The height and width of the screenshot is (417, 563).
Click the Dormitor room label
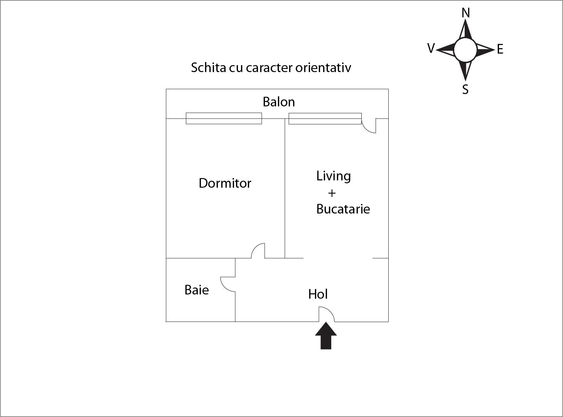click(x=225, y=183)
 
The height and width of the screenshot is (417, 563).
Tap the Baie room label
click(x=197, y=290)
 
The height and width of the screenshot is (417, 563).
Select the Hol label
click(x=318, y=294)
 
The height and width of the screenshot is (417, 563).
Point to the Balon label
click(x=278, y=102)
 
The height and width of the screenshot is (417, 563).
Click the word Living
click(x=334, y=176)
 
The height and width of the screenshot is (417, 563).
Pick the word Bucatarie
click(x=343, y=209)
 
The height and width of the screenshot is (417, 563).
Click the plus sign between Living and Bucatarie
click(x=332, y=193)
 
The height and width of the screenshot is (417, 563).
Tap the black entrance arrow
click(x=326, y=336)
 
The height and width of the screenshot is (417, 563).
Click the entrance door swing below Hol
click(x=326, y=314)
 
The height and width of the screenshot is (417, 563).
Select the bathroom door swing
click(x=228, y=284)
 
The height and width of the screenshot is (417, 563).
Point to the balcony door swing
click(x=369, y=126)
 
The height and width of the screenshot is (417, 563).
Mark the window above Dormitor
click(x=224, y=118)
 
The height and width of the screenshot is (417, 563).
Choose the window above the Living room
click(x=325, y=119)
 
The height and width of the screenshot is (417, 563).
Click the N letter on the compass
click(x=466, y=13)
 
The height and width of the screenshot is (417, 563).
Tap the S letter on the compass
click(x=465, y=89)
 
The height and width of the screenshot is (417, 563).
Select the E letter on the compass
click(x=500, y=49)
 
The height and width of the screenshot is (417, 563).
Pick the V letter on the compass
click(x=431, y=48)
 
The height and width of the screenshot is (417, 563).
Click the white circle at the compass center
click(x=465, y=50)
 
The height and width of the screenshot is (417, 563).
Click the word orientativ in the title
click(x=323, y=68)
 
